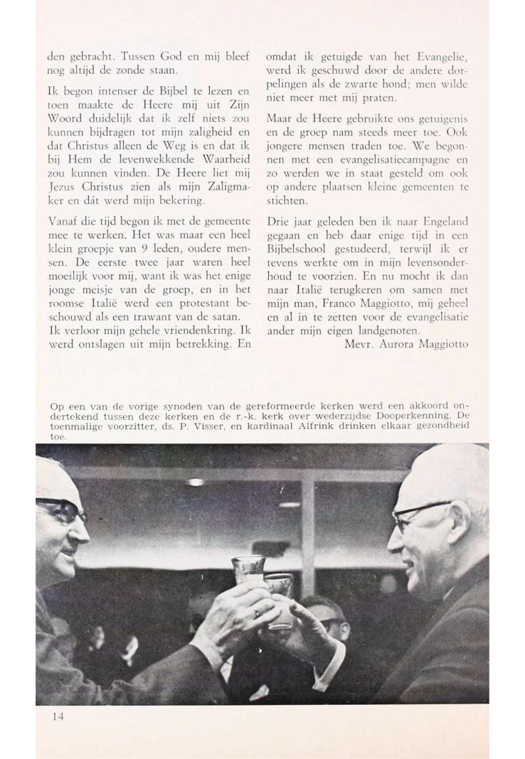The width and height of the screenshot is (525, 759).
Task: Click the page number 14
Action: click(58, 716)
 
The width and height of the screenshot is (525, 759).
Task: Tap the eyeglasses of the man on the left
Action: click(61, 509)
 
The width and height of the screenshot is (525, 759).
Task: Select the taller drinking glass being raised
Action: click(248, 570)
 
